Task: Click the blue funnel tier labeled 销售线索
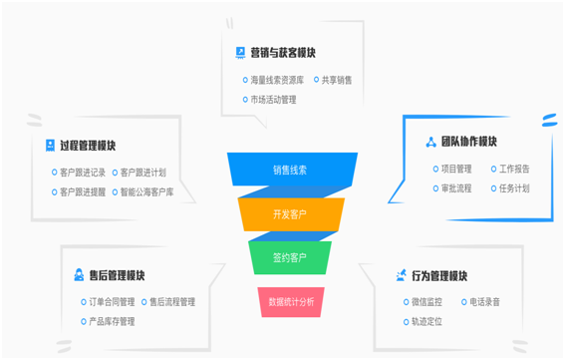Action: point(292,170)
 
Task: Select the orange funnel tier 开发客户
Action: point(291,214)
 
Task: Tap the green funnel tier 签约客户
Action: point(290,257)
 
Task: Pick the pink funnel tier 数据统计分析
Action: point(291,302)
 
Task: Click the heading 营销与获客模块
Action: point(283,53)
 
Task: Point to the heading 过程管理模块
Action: point(88,146)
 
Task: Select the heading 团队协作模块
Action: point(469,142)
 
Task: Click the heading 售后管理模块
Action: point(117,275)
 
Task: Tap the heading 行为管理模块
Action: point(439,276)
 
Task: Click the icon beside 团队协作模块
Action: point(430,143)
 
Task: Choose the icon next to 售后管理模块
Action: point(79,275)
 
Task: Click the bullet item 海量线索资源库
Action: point(277,80)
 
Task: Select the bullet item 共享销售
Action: point(337,80)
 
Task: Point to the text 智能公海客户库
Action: point(147,191)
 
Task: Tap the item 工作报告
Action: point(514,169)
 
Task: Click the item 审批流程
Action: point(456,187)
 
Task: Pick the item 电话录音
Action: point(484,301)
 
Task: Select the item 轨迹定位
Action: point(427,321)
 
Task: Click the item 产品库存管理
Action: point(112,321)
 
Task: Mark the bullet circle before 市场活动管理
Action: point(245,99)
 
